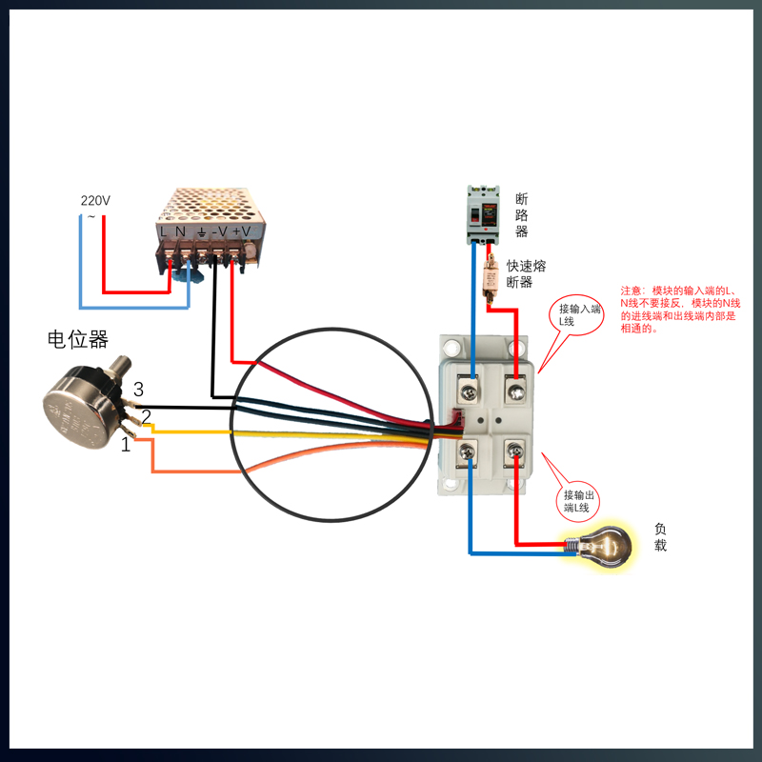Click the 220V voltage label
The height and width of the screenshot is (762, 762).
pyautogui.click(x=95, y=201)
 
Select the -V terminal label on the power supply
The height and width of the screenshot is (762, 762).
pyautogui.click(x=219, y=231)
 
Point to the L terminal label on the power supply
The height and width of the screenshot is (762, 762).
pyautogui.click(x=164, y=231)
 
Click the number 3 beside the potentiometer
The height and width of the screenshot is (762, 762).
pyautogui.click(x=138, y=390)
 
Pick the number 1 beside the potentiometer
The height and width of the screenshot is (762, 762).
pyautogui.click(x=125, y=444)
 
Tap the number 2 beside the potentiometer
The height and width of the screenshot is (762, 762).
pyautogui.click(x=146, y=415)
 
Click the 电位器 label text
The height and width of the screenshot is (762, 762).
pyautogui.click(x=78, y=338)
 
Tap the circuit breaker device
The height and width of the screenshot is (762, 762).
pyautogui.click(x=482, y=214)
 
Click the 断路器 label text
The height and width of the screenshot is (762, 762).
pyautogui.click(x=521, y=214)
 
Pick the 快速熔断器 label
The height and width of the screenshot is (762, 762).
pyautogui.click(x=525, y=274)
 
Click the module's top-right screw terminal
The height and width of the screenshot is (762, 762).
pyautogui.click(x=515, y=389)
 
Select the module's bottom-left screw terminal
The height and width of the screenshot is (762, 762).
pyautogui.click(x=470, y=453)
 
